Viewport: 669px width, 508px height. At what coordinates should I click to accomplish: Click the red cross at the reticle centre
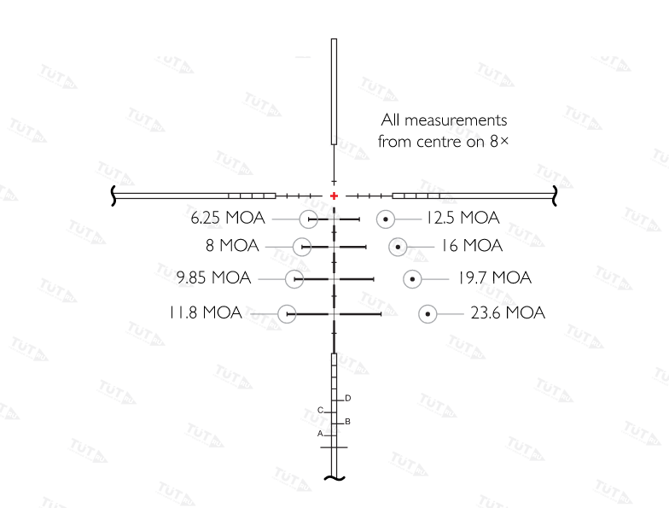click(334, 196)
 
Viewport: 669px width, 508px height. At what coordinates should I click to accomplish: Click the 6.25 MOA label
click(227, 218)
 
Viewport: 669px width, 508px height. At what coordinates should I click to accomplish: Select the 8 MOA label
click(232, 246)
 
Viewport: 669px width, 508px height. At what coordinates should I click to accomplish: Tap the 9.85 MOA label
click(213, 277)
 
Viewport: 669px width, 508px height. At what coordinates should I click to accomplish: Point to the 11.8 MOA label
click(205, 312)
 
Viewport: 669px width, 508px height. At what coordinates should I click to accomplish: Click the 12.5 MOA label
click(462, 218)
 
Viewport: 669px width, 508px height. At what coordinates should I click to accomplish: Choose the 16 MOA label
click(471, 246)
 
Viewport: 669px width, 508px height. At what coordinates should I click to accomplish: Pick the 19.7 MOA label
click(495, 278)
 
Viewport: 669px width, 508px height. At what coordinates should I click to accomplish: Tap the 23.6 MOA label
click(508, 312)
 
